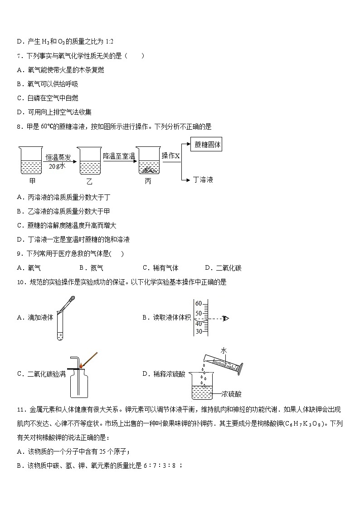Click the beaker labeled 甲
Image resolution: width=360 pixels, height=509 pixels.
[31, 161]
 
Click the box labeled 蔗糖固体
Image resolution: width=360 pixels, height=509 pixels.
[207, 145]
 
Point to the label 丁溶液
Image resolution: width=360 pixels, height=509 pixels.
[203, 179]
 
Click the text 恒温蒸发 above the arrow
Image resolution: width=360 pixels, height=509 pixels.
[58, 157]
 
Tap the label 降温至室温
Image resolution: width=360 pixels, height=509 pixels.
[119, 156]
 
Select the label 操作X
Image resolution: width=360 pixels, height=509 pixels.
[171, 155]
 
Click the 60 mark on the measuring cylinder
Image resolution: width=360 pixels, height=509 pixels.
[198, 303]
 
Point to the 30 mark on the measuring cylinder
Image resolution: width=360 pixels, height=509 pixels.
[198, 331]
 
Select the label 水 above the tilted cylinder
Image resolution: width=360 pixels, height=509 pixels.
[224, 350]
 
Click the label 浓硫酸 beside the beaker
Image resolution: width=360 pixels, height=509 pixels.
[232, 394]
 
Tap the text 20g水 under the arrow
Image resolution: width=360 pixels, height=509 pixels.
[58, 166]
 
